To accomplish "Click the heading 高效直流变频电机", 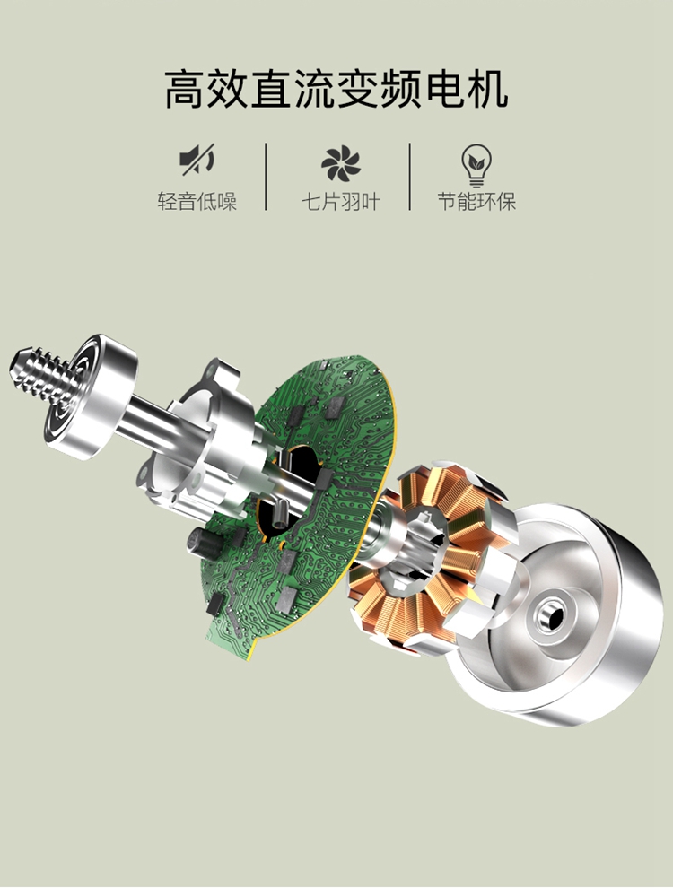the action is (x=336, y=89).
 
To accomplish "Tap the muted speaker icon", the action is (x=197, y=160).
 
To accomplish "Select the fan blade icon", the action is (x=340, y=163).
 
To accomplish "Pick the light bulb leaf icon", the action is (x=476, y=165).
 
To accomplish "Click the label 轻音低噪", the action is (x=197, y=202).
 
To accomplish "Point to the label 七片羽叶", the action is (x=340, y=202).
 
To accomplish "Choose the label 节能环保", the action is (x=476, y=202).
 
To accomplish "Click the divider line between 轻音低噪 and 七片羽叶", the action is (x=266, y=177).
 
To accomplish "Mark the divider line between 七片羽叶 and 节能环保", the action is (x=409, y=177).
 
